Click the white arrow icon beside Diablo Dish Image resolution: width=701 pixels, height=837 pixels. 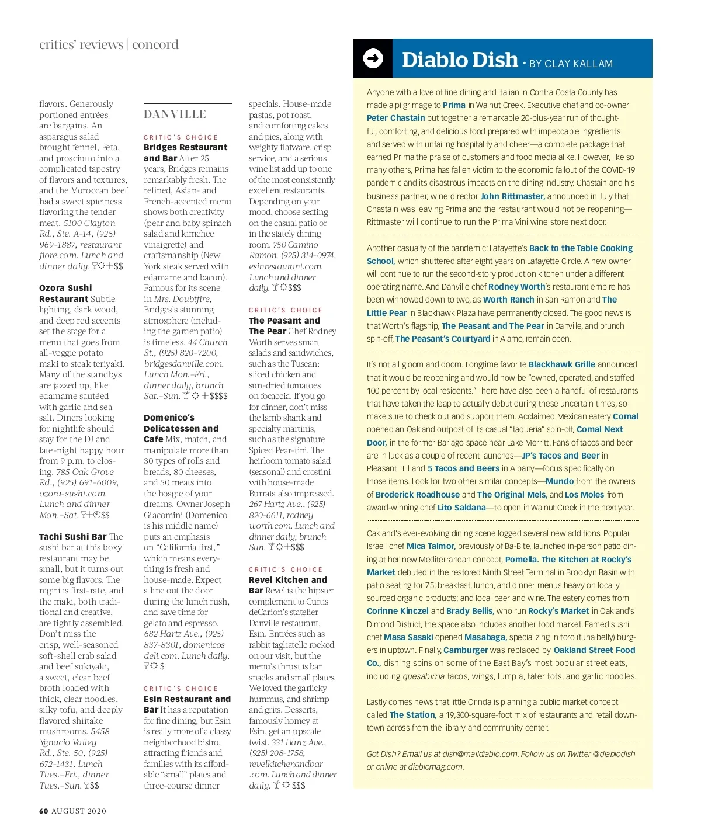373,58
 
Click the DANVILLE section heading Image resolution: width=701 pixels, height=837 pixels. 175,114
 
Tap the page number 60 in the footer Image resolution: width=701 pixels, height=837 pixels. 44,811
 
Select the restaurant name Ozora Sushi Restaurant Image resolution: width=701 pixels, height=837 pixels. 65,293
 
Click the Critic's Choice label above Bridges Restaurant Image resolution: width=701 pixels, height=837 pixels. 181,137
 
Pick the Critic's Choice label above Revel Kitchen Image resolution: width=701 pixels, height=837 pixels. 286,569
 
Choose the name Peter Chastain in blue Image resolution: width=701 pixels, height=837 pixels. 395,118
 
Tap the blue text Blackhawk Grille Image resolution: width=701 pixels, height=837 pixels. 561,364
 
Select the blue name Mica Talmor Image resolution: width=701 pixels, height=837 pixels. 431,546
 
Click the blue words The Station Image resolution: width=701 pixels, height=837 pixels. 412,715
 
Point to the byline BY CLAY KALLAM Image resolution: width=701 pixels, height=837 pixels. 571,64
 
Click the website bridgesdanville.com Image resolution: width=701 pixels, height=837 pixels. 183,363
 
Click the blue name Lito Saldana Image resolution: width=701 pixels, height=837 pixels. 461,508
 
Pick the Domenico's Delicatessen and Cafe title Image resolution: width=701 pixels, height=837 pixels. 181,428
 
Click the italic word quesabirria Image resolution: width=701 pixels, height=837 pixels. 424,676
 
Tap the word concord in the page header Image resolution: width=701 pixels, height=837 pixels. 155,45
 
